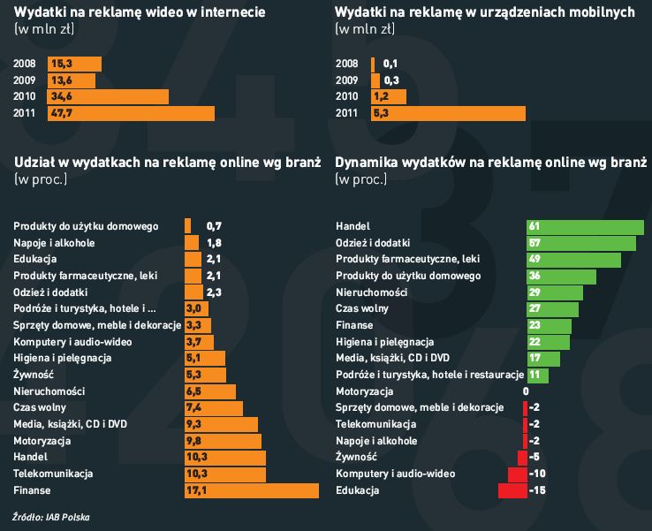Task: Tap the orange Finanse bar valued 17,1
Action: (251, 490)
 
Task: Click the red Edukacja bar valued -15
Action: (512, 490)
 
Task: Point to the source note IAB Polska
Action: (51, 516)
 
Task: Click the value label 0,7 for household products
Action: (214, 226)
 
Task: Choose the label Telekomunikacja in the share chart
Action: (49, 474)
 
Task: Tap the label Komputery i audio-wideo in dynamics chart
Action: (396, 474)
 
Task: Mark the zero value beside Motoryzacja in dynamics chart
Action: (526, 391)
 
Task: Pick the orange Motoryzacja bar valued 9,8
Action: (223, 441)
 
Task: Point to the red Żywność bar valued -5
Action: (522, 458)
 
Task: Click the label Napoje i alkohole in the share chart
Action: (54, 243)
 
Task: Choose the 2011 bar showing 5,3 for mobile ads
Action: (448, 113)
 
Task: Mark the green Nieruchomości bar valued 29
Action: (555, 292)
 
